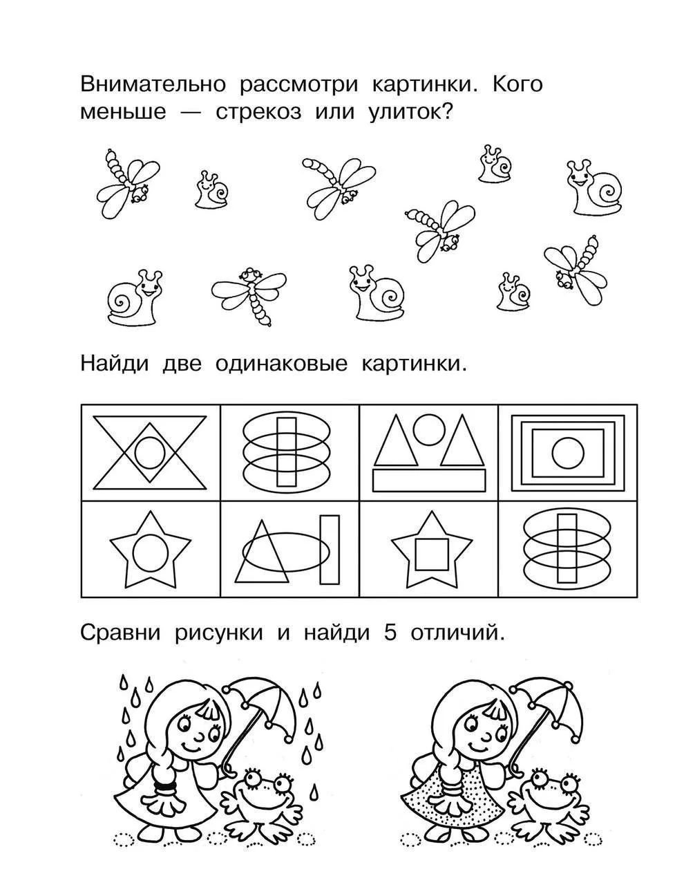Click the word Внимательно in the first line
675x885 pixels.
(153, 85)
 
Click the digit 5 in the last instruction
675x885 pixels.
(390, 634)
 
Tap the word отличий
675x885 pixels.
(457, 634)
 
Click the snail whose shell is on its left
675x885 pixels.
(135, 297)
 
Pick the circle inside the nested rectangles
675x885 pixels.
(568, 453)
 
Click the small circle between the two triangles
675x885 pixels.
(429, 429)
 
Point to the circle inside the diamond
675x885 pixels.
(149, 453)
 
